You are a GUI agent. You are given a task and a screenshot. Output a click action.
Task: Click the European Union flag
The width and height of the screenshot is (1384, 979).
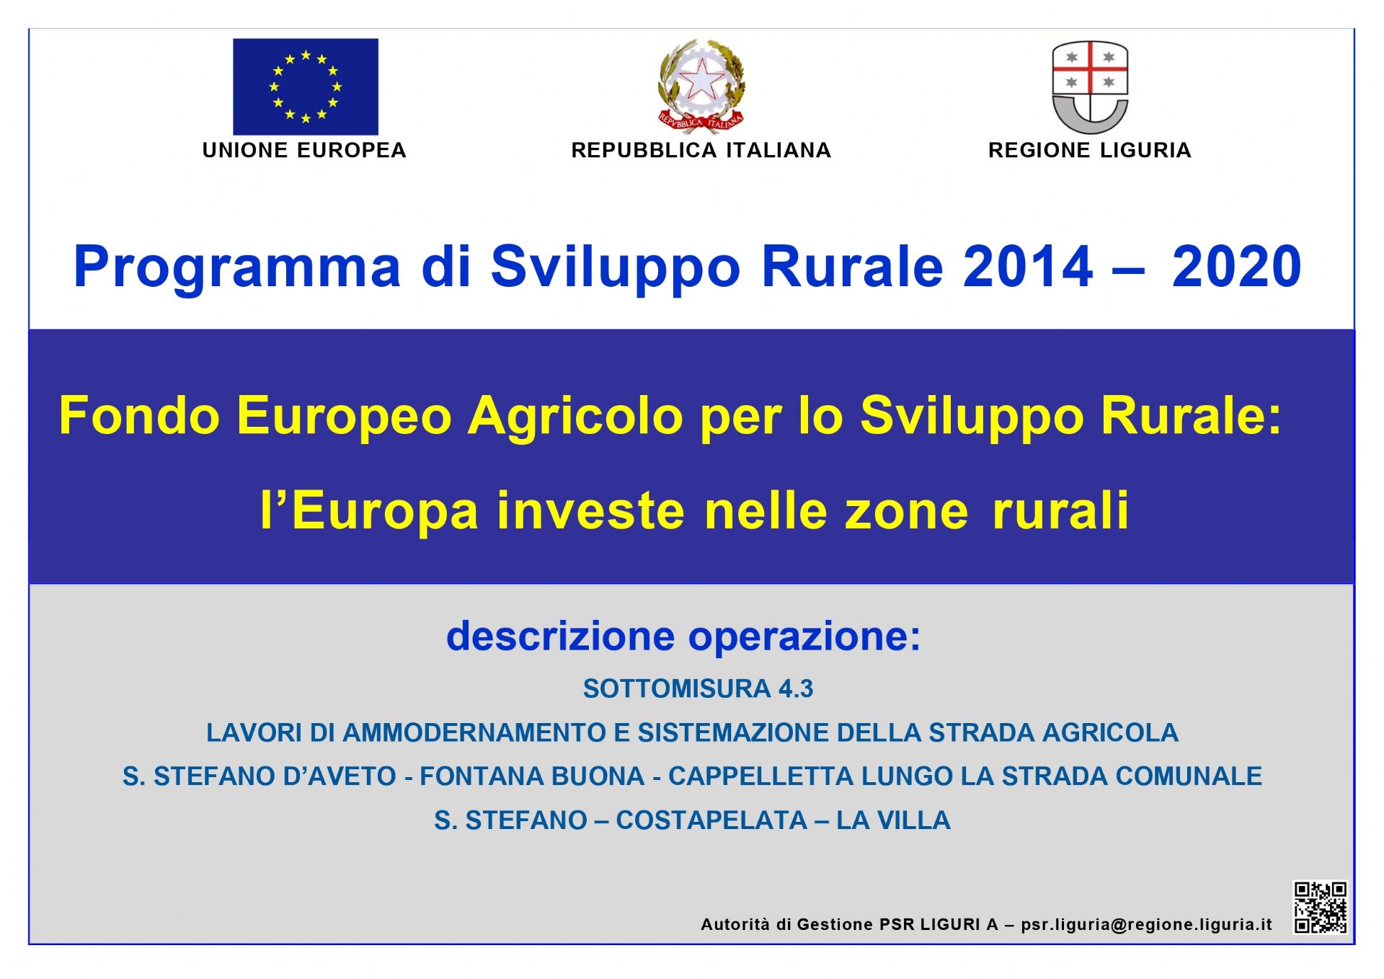click(x=306, y=87)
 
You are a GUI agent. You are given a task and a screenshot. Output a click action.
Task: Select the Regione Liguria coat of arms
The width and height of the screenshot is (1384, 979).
click(x=1090, y=87)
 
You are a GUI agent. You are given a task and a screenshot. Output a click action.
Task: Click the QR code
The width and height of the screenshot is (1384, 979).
click(x=1320, y=908)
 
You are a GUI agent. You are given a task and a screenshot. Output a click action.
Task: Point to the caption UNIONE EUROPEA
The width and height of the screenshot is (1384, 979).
click(x=304, y=150)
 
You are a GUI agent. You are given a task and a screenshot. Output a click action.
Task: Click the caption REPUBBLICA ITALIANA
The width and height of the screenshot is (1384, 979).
click(x=701, y=150)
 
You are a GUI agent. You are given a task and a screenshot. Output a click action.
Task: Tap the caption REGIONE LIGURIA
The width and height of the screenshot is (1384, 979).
click(x=1089, y=150)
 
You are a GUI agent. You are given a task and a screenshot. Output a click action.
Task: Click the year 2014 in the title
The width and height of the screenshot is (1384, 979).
click(x=1028, y=266)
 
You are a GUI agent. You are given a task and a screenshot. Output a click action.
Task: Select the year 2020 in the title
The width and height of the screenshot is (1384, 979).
click(x=1237, y=266)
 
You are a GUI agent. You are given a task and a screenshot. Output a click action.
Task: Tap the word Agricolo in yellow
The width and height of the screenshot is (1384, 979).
click(x=575, y=417)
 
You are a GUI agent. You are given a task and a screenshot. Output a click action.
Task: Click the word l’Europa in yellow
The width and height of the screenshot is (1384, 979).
click(x=370, y=511)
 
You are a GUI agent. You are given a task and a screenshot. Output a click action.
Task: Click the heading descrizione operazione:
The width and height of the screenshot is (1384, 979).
click(x=683, y=637)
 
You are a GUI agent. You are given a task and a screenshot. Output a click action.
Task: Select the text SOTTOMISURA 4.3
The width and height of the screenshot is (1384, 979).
click(x=698, y=688)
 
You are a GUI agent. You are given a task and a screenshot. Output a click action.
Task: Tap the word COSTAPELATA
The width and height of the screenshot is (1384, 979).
click(x=711, y=820)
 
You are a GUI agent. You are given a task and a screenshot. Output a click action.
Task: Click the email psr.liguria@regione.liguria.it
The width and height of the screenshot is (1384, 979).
click(x=1146, y=925)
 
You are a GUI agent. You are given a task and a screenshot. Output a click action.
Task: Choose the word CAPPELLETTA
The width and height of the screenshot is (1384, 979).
click(x=761, y=776)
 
